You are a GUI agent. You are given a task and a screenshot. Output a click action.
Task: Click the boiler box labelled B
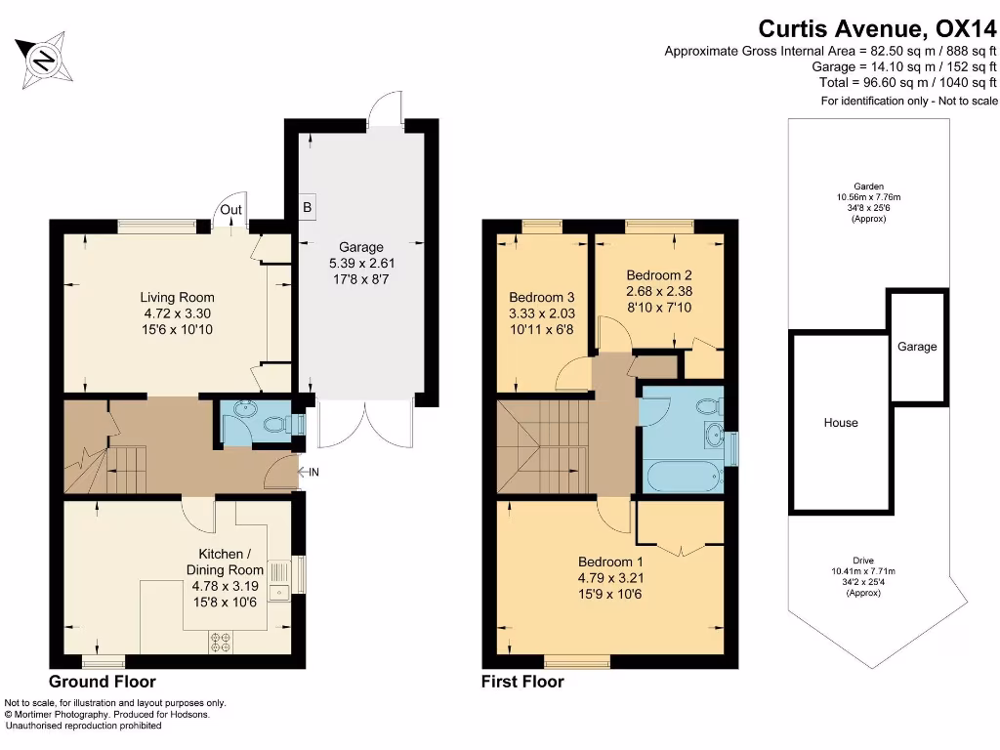[307, 208]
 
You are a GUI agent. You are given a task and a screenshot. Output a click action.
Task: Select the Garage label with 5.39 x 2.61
[361, 263]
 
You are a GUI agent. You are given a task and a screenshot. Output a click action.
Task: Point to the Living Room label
[177, 313]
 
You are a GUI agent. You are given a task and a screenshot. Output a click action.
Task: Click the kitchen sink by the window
[279, 580]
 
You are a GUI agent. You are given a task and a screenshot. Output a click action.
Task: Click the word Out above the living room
[230, 209]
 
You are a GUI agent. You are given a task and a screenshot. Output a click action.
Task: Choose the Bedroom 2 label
[659, 290]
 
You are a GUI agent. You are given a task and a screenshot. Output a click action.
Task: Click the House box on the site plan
[840, 423]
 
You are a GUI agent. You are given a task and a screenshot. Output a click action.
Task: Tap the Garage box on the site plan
[917, 347]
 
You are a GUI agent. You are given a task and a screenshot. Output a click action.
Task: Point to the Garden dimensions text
[868, 202]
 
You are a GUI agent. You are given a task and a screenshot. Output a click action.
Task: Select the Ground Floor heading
[102, 682]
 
